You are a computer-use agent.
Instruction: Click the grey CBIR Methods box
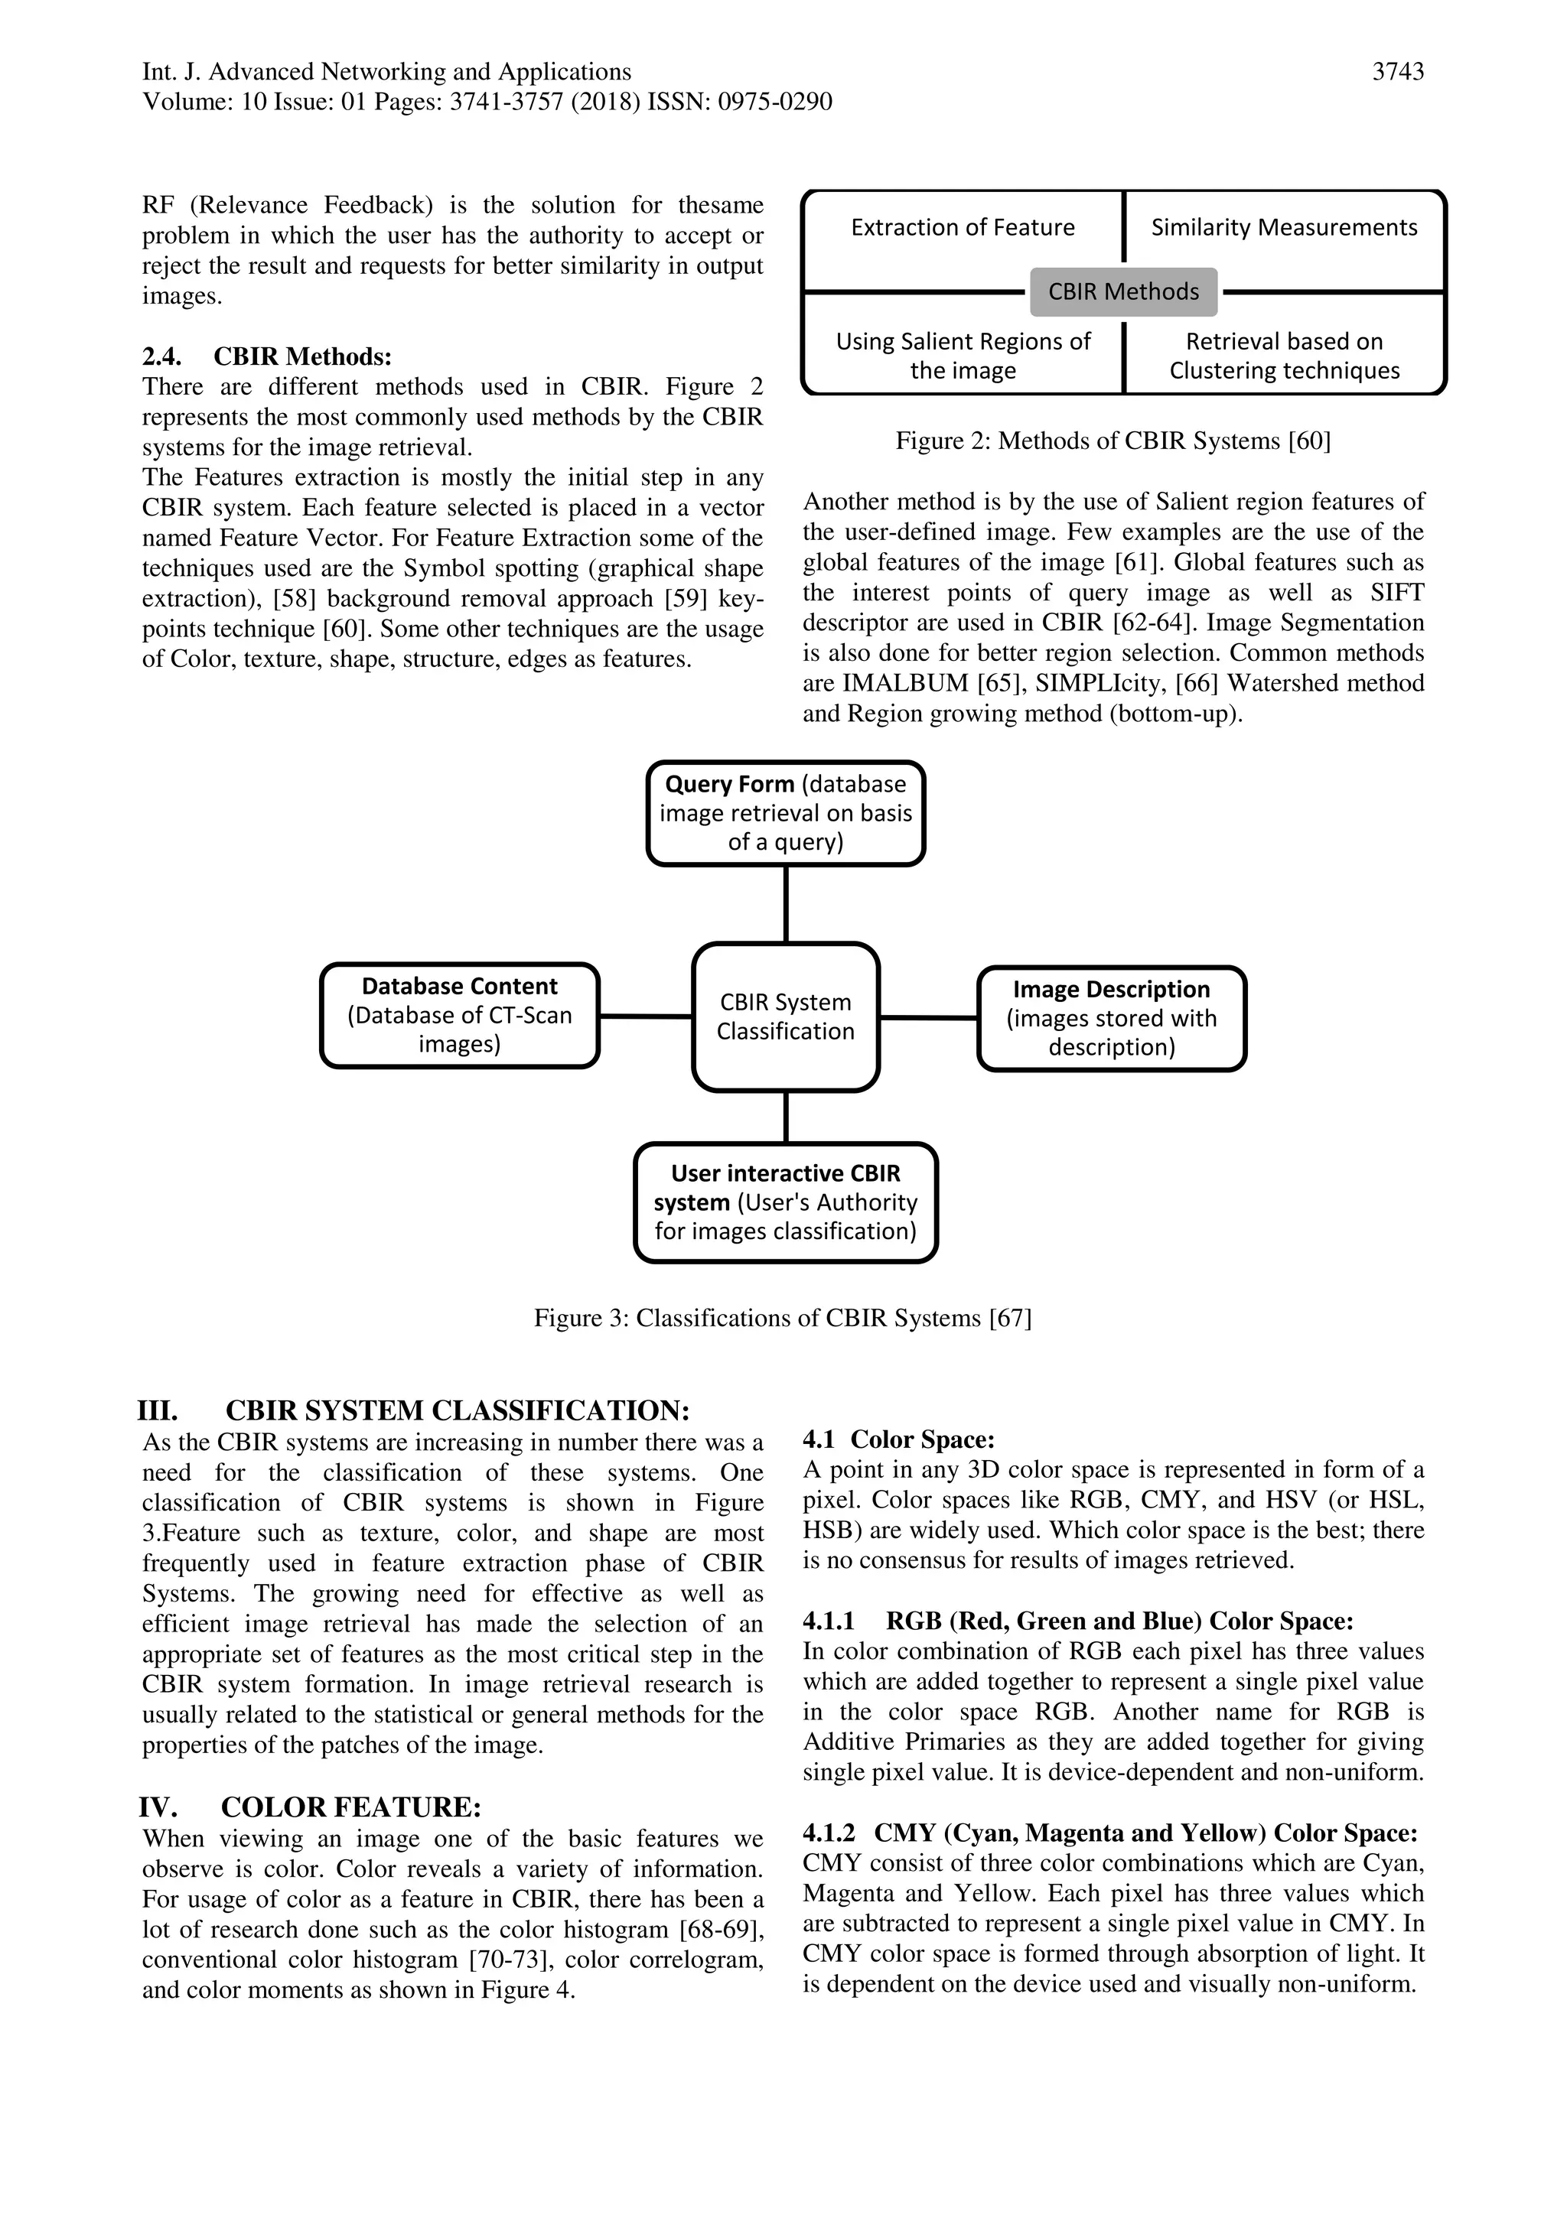pos(1123,291)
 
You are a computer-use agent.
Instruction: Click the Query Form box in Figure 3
pos(786,812)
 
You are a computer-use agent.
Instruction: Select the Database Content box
pos(459,1015)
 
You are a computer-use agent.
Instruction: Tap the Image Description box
pos(1112,1018)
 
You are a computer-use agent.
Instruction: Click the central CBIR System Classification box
pos(786,1016)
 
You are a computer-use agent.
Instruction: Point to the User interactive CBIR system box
pos(786,1202)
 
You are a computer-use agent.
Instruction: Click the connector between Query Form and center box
pos(786,904)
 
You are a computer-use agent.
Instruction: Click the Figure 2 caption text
pos(1113,441)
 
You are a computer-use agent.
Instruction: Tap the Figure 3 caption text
pos(783,1318)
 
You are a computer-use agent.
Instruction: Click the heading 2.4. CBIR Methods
pos(266,357)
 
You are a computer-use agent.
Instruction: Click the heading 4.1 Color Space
pos(898,1439)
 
